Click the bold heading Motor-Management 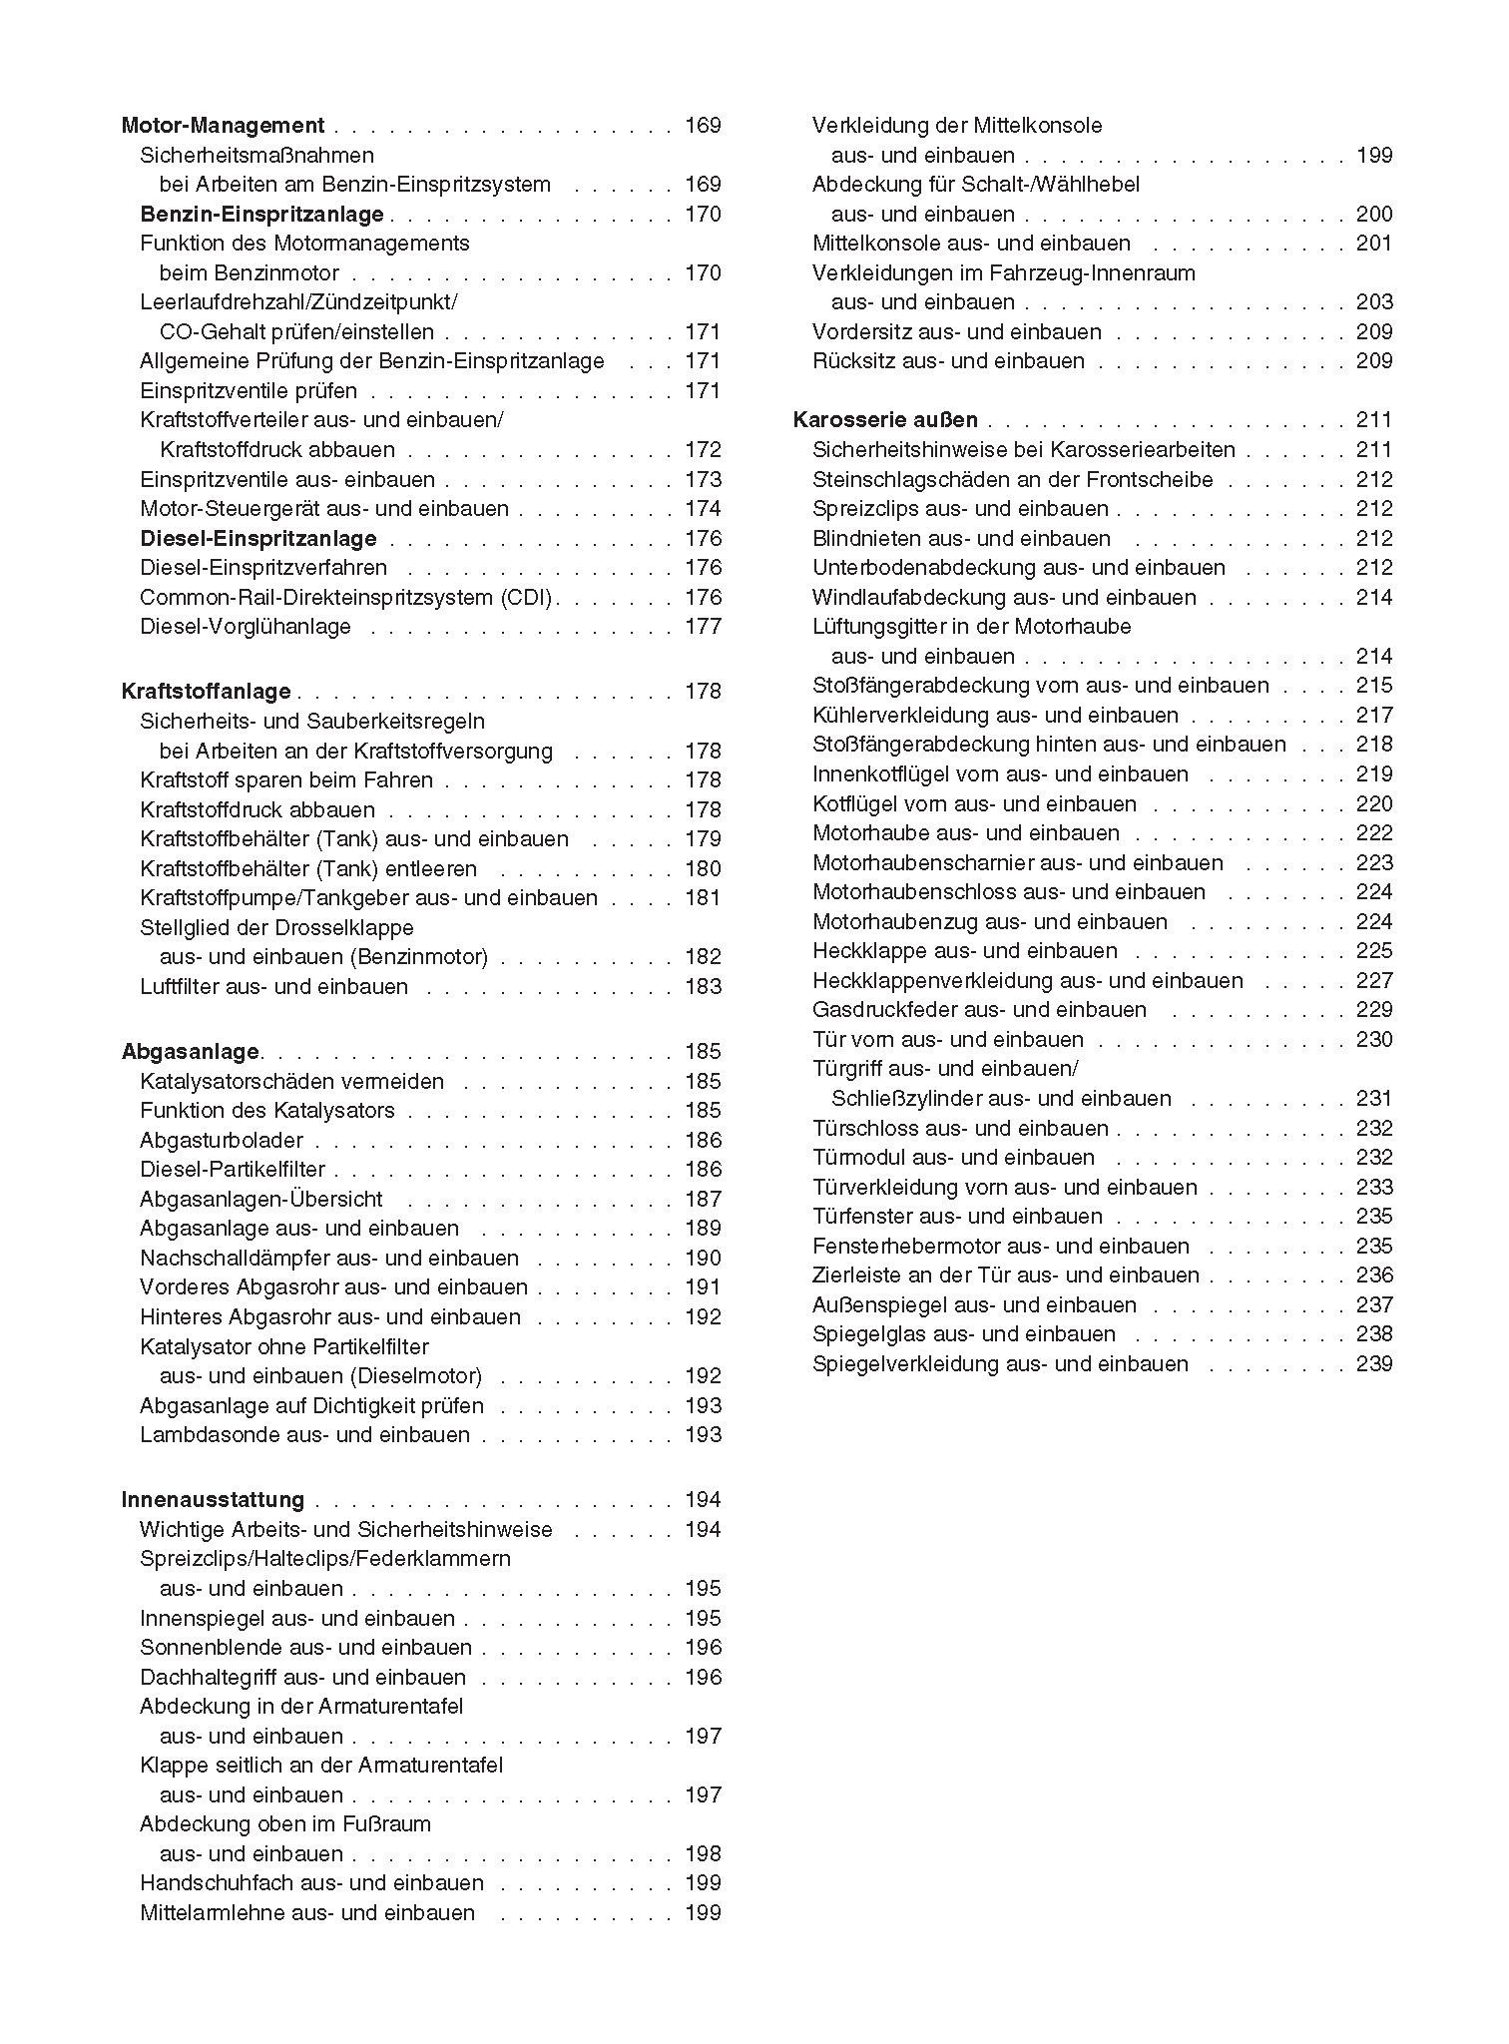[x=223, y=126]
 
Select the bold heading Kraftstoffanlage [x=206, y=692]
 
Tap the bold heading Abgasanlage [x=191, y=1052]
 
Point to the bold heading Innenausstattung [x=213, y=1500]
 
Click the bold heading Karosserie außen [x=885, y=420]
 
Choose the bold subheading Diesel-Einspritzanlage [x=258, y=539]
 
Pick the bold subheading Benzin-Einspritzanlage [x=261, y=215]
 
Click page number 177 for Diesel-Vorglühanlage [x=703, y=627]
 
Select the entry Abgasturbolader [x=222, y=1141]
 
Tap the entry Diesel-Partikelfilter [x=233, y=1170]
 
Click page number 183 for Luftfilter [x=703, y=987]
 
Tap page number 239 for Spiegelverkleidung [x=1374, y=1364]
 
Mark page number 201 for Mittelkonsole [x=1374, y=244]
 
